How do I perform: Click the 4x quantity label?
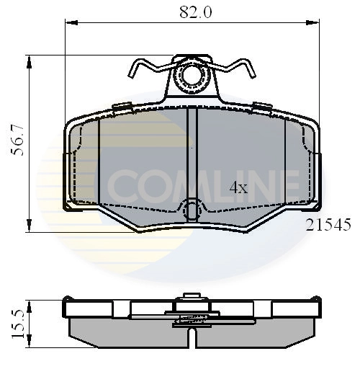click(238, 188)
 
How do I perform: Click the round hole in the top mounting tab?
click(192, 74)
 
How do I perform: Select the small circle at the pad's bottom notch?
click(192, 211)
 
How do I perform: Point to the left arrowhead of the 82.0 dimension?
click(71, 23)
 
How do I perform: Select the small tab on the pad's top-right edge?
click(262, 107)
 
